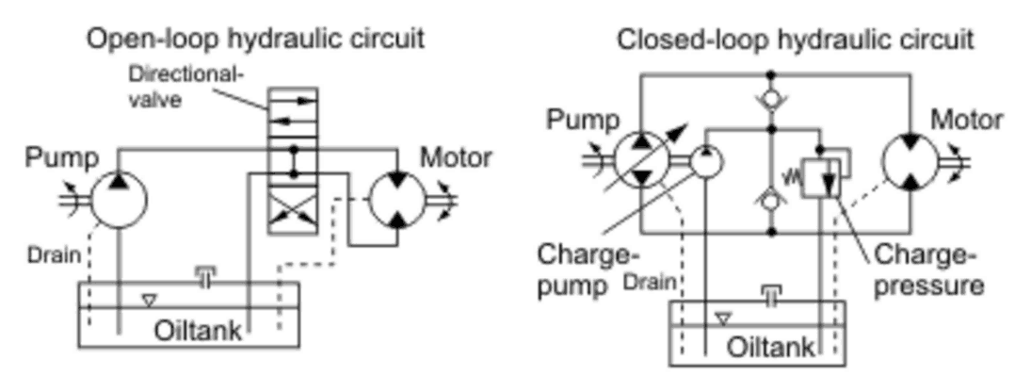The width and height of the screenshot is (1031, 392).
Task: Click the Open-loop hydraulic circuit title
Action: [x=254, y=39]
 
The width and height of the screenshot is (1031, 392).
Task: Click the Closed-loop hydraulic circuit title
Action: [x=795, y=41]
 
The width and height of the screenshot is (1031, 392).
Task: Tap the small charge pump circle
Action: [x=705, y=163]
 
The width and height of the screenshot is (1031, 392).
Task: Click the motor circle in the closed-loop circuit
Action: [x=911, y=163]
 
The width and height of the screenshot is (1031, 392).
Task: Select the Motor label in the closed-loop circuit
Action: [x=966, y=121]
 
